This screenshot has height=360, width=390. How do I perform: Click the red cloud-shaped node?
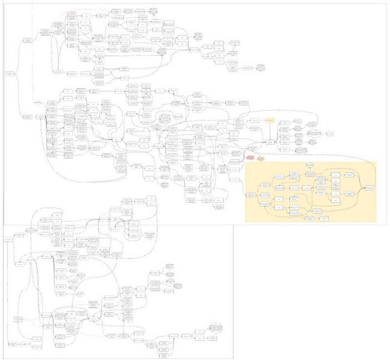(251, 158)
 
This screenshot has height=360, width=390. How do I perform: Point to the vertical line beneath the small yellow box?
(270, 132)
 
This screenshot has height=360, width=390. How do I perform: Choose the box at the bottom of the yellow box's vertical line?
(270, 144)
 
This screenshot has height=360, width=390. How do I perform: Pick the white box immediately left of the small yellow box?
(254, 120)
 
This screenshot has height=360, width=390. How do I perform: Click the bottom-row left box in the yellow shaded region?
(308, 218)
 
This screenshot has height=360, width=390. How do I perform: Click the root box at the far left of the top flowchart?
(9, 74)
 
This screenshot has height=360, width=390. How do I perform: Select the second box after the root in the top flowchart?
(45, 33)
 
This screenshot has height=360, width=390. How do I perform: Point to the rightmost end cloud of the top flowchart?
(260, 67)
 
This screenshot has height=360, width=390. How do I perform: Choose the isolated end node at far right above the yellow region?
(330, 134)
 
